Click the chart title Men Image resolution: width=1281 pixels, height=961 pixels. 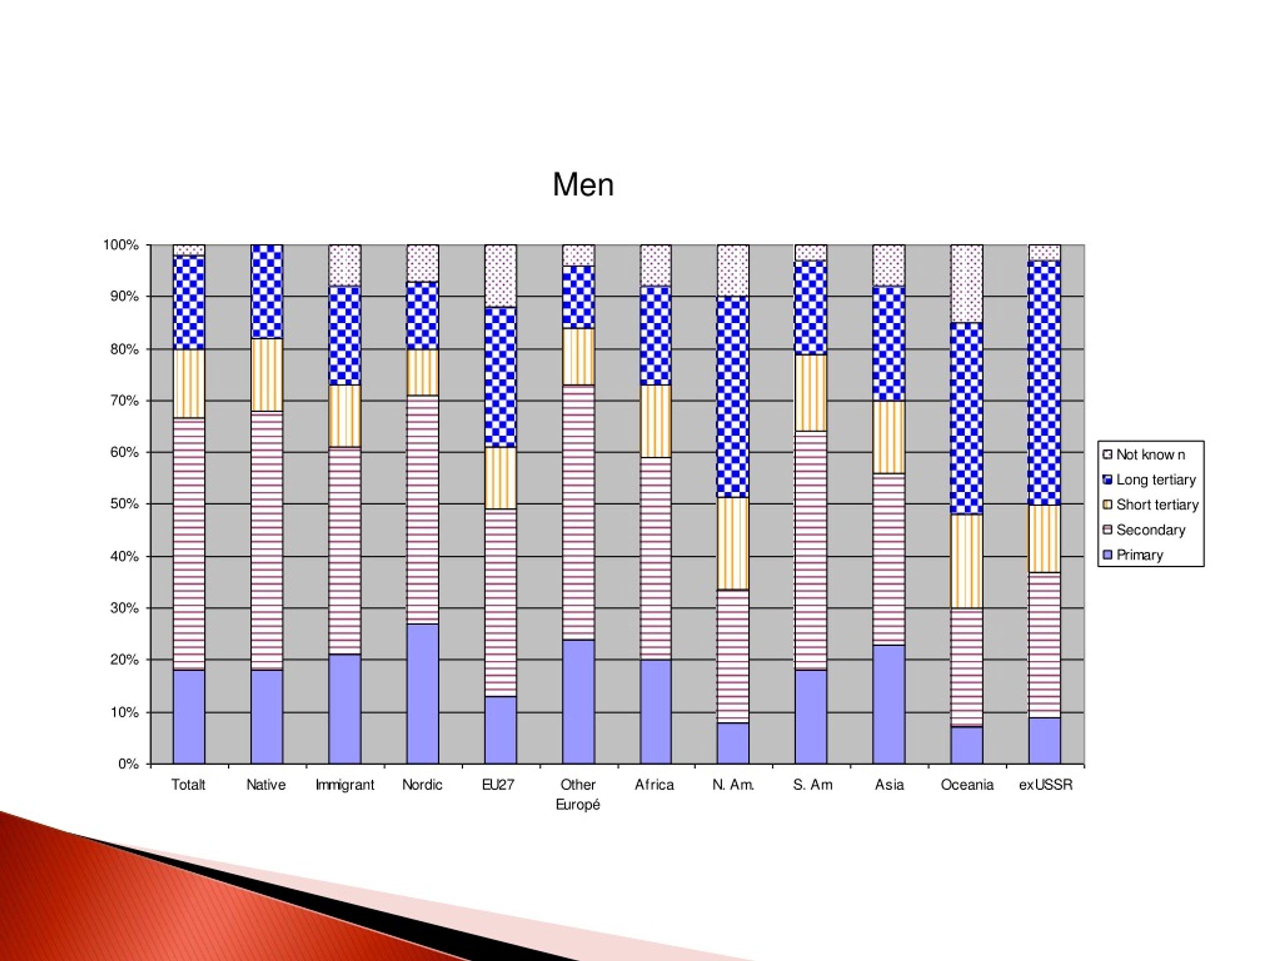click(583, 185)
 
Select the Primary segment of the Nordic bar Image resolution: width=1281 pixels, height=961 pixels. click(423, 694)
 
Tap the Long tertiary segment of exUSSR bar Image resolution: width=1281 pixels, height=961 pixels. click(1045, 383)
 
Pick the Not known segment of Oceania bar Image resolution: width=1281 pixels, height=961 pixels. click(967, 283)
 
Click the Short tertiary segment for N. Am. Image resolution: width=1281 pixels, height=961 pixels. click(733, 544)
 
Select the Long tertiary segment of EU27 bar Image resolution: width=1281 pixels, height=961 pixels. click(500, 377)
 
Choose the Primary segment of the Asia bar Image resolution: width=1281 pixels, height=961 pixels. click(889, 704)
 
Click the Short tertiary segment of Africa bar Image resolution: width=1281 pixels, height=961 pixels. click(656, 421)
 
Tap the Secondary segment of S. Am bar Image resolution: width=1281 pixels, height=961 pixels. click(811, 550)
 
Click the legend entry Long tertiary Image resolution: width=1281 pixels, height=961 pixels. click(1149, 479)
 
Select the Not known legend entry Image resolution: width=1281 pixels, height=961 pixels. click(1144, 454)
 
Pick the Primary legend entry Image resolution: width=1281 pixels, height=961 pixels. click(1133, 555)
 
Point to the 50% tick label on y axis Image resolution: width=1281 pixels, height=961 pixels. click(124, 504)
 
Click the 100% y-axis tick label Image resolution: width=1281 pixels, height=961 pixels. click(121, 245)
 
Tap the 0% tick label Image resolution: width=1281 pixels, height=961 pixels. click(128, 764)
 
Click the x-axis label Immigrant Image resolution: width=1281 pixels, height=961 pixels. click(345, 785)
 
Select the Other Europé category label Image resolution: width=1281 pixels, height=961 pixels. click(578, 794)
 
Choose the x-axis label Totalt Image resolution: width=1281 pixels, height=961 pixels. click(188, 784)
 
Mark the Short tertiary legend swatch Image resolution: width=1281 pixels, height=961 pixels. click(1107, 505)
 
